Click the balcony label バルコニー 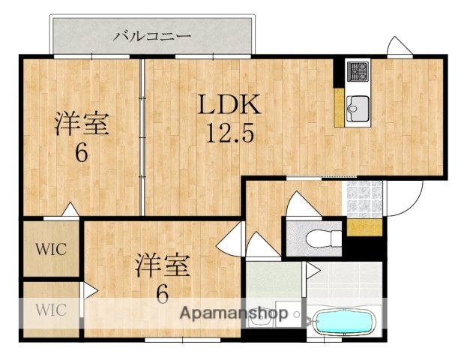[152, 35]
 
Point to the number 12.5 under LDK [229, 134]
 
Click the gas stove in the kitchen [358, 73]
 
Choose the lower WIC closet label [51, 309]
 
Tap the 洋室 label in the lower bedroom [163, 265]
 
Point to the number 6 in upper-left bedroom [80, 154]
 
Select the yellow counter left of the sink [340, 107]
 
